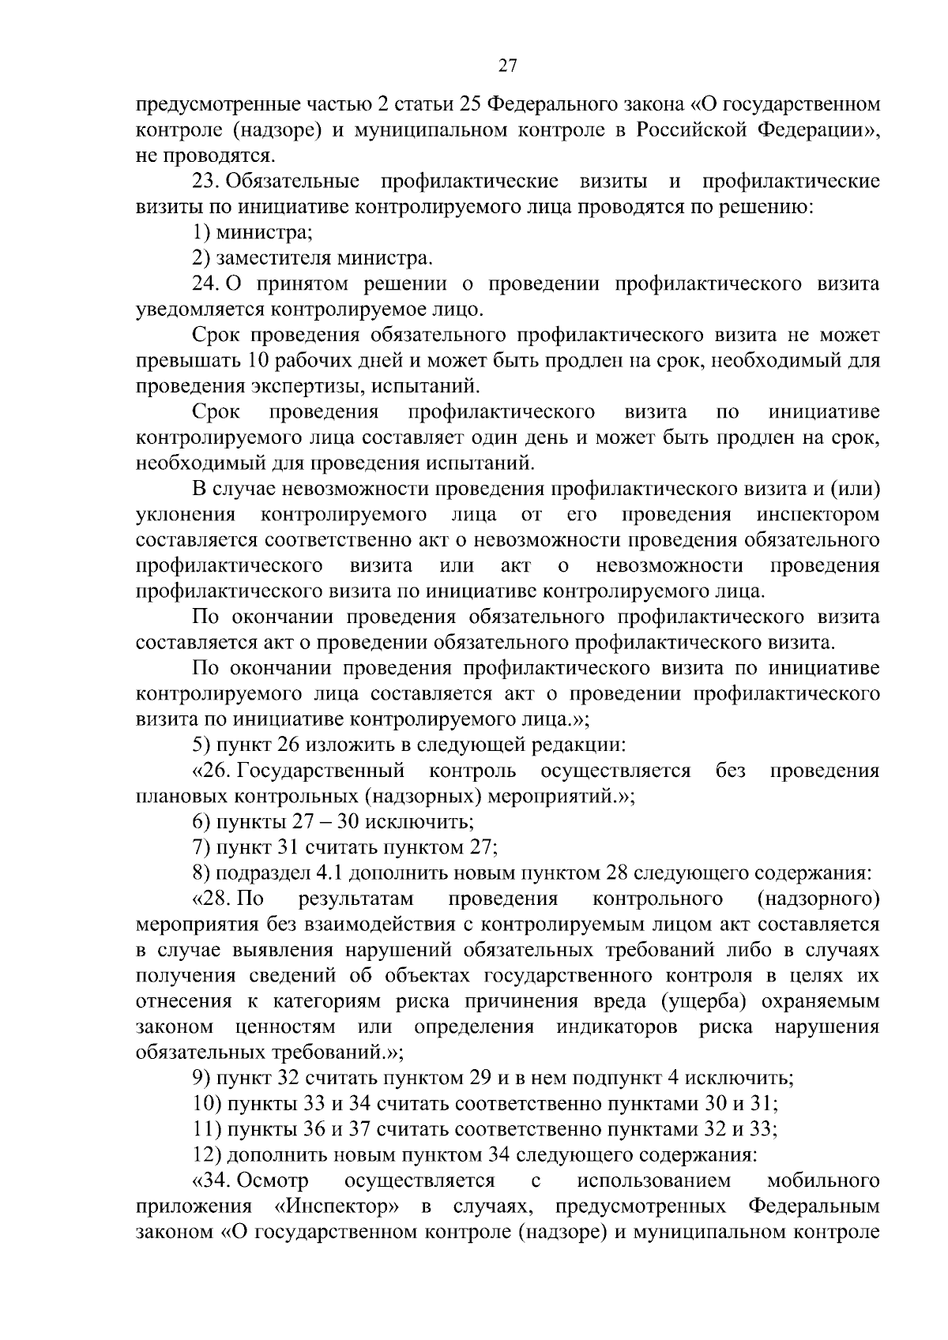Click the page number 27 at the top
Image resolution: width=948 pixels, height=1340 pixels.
508,67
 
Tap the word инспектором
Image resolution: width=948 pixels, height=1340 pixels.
818,516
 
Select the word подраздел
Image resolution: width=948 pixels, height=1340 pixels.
266,873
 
